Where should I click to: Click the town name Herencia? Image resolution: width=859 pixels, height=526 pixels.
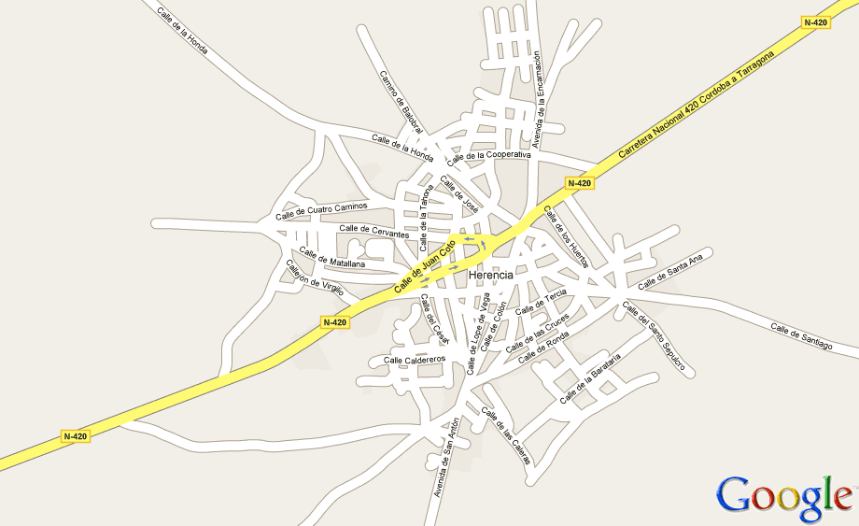point(491,276)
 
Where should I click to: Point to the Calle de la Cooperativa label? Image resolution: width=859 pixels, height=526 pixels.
point(488,156)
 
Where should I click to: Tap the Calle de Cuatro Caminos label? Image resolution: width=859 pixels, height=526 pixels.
point(321,212)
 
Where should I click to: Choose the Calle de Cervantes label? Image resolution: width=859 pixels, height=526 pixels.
point(373,231)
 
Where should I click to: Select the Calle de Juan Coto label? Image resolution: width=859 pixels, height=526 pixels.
point(424,266)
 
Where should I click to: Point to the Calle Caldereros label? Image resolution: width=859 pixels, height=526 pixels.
point(415,360)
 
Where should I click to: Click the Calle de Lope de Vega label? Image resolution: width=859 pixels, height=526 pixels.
point(478,333)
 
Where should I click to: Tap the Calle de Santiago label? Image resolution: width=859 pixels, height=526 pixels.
point(800,336)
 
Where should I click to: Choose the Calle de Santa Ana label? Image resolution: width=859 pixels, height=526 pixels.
point(669,270)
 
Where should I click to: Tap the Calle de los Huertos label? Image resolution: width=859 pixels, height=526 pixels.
point(566,235)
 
